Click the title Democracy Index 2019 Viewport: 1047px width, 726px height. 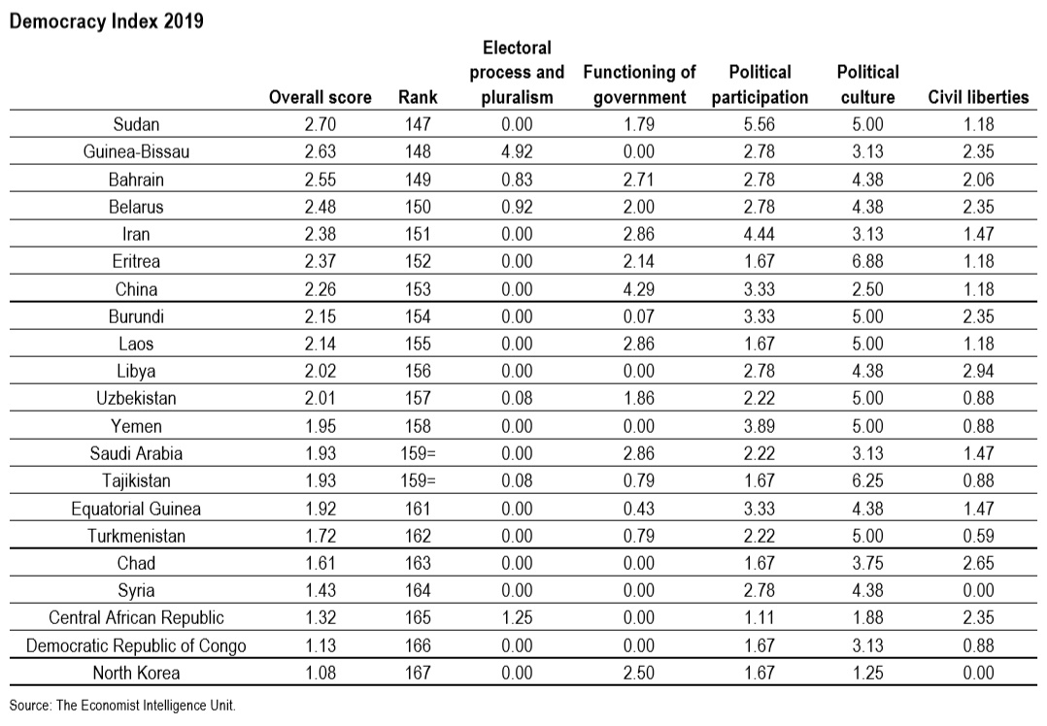tap(107, 21)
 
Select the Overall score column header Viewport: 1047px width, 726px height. tap(320, 97)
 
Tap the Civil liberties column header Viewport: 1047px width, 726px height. tap(978, 97)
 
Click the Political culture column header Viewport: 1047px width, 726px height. tap(868, 84)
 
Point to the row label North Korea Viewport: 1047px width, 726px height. tap(136, 673)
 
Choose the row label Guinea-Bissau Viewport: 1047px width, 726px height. tap(136, 151)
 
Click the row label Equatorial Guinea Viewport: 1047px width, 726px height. tap(136, 509)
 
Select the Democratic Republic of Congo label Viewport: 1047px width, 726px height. tap(136, 645)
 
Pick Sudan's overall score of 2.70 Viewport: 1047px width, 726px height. tap(321, 124)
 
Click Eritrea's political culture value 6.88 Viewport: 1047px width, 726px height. tap(868, 261)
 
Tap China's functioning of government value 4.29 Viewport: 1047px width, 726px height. tap(639, 289)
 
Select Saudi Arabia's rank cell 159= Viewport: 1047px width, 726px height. tap(418, 453)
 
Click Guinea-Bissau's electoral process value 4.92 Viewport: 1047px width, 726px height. tap(517, 151)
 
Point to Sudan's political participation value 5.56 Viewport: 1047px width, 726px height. tap(760, 124)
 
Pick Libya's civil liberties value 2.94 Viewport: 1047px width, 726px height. tap(978, 371)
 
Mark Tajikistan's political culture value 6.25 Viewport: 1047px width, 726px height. tap(868, 480)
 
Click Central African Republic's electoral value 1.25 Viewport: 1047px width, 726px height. tap(517, 617)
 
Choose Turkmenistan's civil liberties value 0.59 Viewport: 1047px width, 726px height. tap(978, 536)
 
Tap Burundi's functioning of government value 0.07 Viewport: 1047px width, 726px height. tap(639, 316)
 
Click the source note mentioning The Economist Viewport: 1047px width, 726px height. tap(122, 706)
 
